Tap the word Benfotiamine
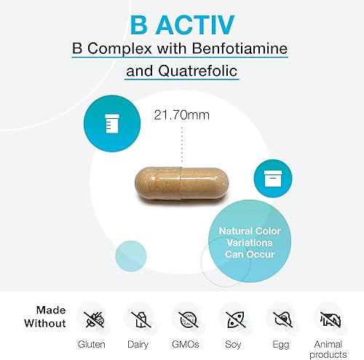point(226,50)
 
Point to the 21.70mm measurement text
point(181,114)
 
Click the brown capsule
point(182,179)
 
